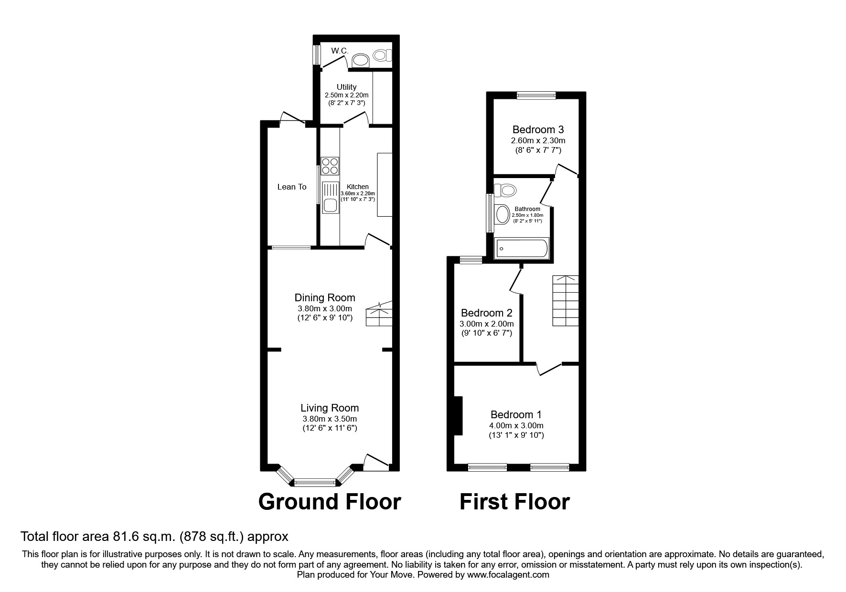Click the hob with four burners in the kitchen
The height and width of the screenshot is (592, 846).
(x=330, y=166)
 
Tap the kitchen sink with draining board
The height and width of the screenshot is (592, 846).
(x=330, y=198)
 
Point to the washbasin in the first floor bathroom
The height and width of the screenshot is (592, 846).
(x=502, y=214)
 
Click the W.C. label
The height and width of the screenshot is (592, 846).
(x=340, y=51)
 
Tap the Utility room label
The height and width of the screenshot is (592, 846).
(x=346, y=87)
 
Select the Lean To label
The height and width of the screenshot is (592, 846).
(x=292, y=187)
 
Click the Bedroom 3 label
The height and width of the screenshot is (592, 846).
(x=538, y=129)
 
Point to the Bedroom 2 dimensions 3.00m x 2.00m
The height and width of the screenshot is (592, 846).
(x=486, y=324)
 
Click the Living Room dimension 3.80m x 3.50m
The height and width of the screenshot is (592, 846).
(x=330, y=419)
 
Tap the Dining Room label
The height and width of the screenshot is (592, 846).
(x=325, y=298)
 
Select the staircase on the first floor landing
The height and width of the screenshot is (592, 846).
(x=566, y=301)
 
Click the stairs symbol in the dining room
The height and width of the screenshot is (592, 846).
(x=379, y=315)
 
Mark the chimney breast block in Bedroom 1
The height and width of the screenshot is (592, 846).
(x=458, y=416)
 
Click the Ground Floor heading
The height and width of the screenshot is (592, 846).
(x=330, y=502)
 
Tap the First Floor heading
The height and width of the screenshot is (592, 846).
(x=514, y=502)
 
